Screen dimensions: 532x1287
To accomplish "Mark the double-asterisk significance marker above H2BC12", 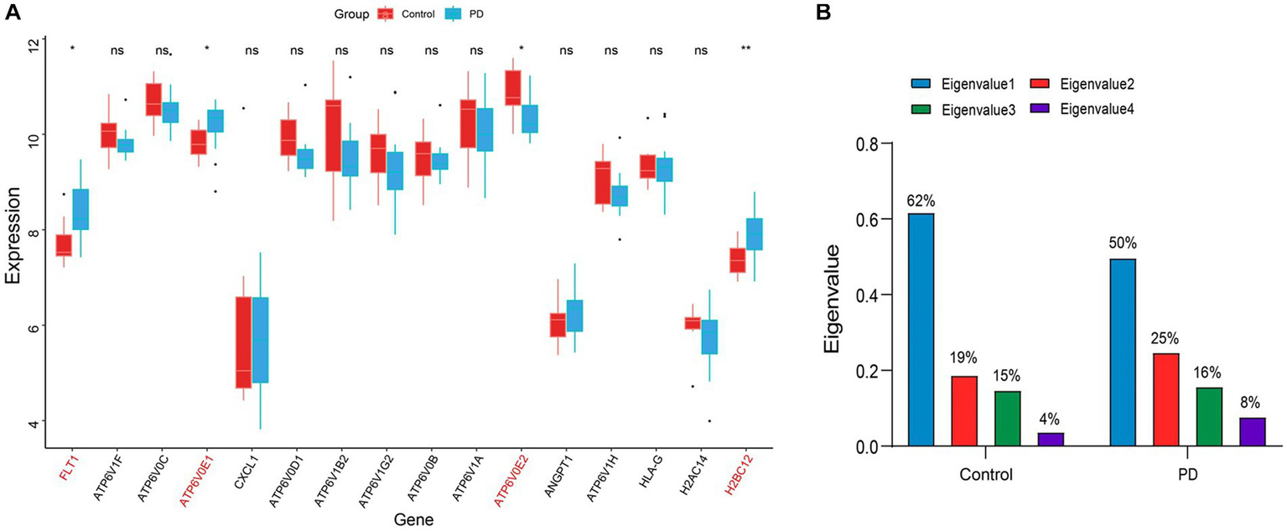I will pos(746,50).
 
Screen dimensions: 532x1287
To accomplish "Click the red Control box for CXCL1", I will pos(244,342).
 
